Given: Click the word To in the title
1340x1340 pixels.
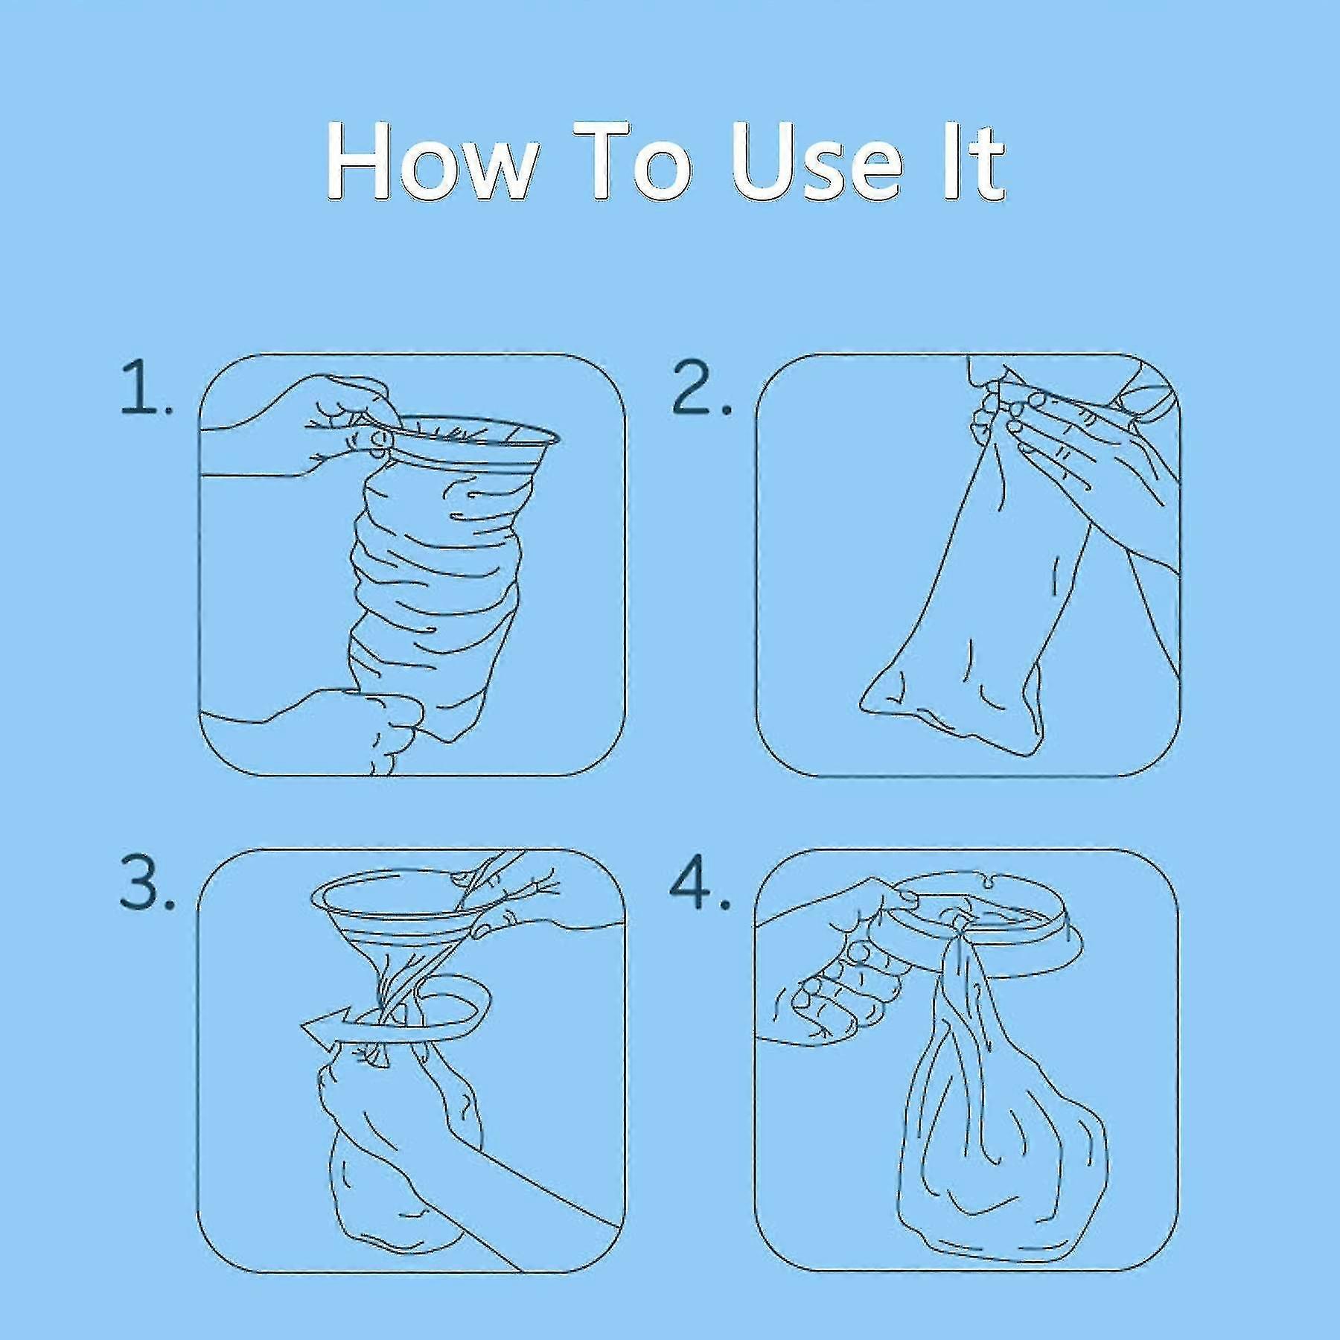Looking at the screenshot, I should [x=634, y=162].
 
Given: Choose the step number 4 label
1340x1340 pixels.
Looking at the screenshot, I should [x=700, y=882].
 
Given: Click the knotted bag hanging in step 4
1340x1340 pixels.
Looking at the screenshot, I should [x=998, y=1139].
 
